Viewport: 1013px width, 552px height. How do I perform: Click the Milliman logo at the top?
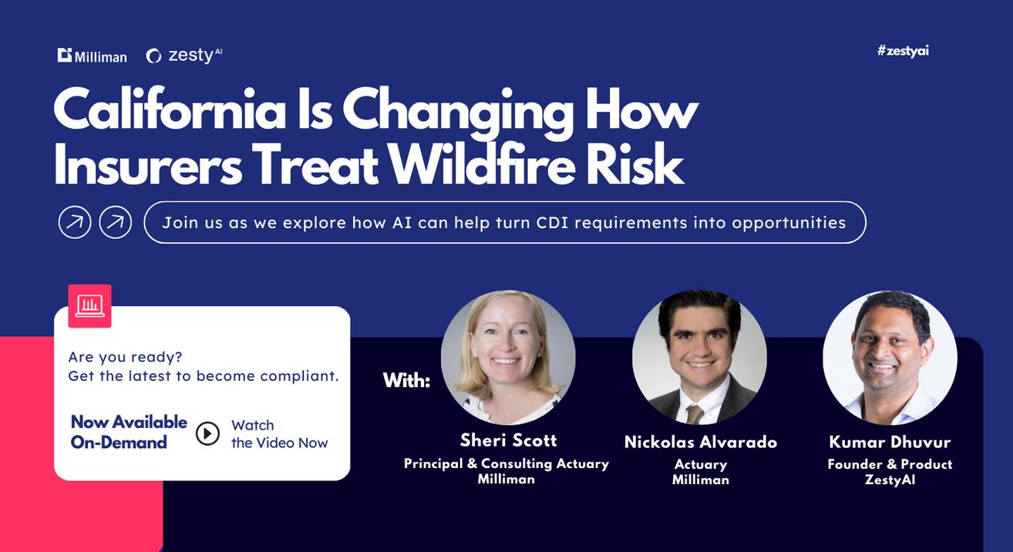point(93,56)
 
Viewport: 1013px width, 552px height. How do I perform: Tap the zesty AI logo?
point(184,56)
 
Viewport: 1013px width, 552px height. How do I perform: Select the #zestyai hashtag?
point(903,51)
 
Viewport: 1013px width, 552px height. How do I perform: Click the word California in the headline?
point(170,109)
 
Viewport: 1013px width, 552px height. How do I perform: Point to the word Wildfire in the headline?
point(482,163)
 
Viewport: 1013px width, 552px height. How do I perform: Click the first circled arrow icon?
point(75,222)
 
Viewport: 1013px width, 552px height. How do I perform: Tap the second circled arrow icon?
point(116,222)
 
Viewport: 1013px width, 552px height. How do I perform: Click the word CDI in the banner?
point(552,223)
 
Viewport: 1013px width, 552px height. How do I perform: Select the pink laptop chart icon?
point(89,306)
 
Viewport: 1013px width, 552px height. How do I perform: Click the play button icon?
point(207,433)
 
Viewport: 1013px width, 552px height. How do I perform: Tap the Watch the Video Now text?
point(280,434)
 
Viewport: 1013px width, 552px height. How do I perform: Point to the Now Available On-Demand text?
point(129,433)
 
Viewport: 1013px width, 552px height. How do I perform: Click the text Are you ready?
point(125,357)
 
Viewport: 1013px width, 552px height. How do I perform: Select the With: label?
point(406,381)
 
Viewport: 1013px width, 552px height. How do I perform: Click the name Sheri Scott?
point(508,440)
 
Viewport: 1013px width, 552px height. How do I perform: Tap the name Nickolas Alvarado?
point(701,443)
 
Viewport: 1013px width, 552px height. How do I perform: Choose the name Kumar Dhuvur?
point(890,443)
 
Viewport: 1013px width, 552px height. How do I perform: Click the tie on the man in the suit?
point(694,414)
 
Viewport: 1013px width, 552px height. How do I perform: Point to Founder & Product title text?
point(890,464)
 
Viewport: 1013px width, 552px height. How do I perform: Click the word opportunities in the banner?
point(789,223)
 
